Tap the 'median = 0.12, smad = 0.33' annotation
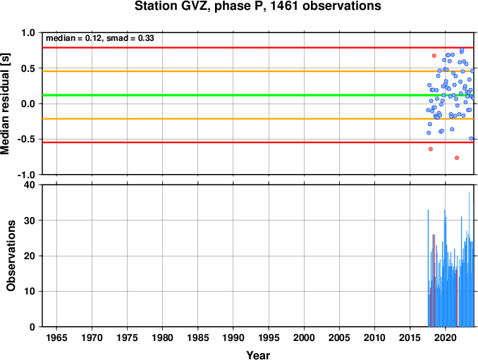100,38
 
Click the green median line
258,95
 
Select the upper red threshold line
258,48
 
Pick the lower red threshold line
258,142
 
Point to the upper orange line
258,71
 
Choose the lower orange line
258,119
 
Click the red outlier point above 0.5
434,56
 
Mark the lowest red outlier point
457,158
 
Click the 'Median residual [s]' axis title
5,104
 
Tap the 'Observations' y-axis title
11,256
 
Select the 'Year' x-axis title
258,355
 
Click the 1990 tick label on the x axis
233,337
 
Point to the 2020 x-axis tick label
446,337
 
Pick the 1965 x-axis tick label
56,337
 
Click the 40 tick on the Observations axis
30,185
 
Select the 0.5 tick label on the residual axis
28,68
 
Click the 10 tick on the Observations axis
30,292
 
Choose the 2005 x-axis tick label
339,337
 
